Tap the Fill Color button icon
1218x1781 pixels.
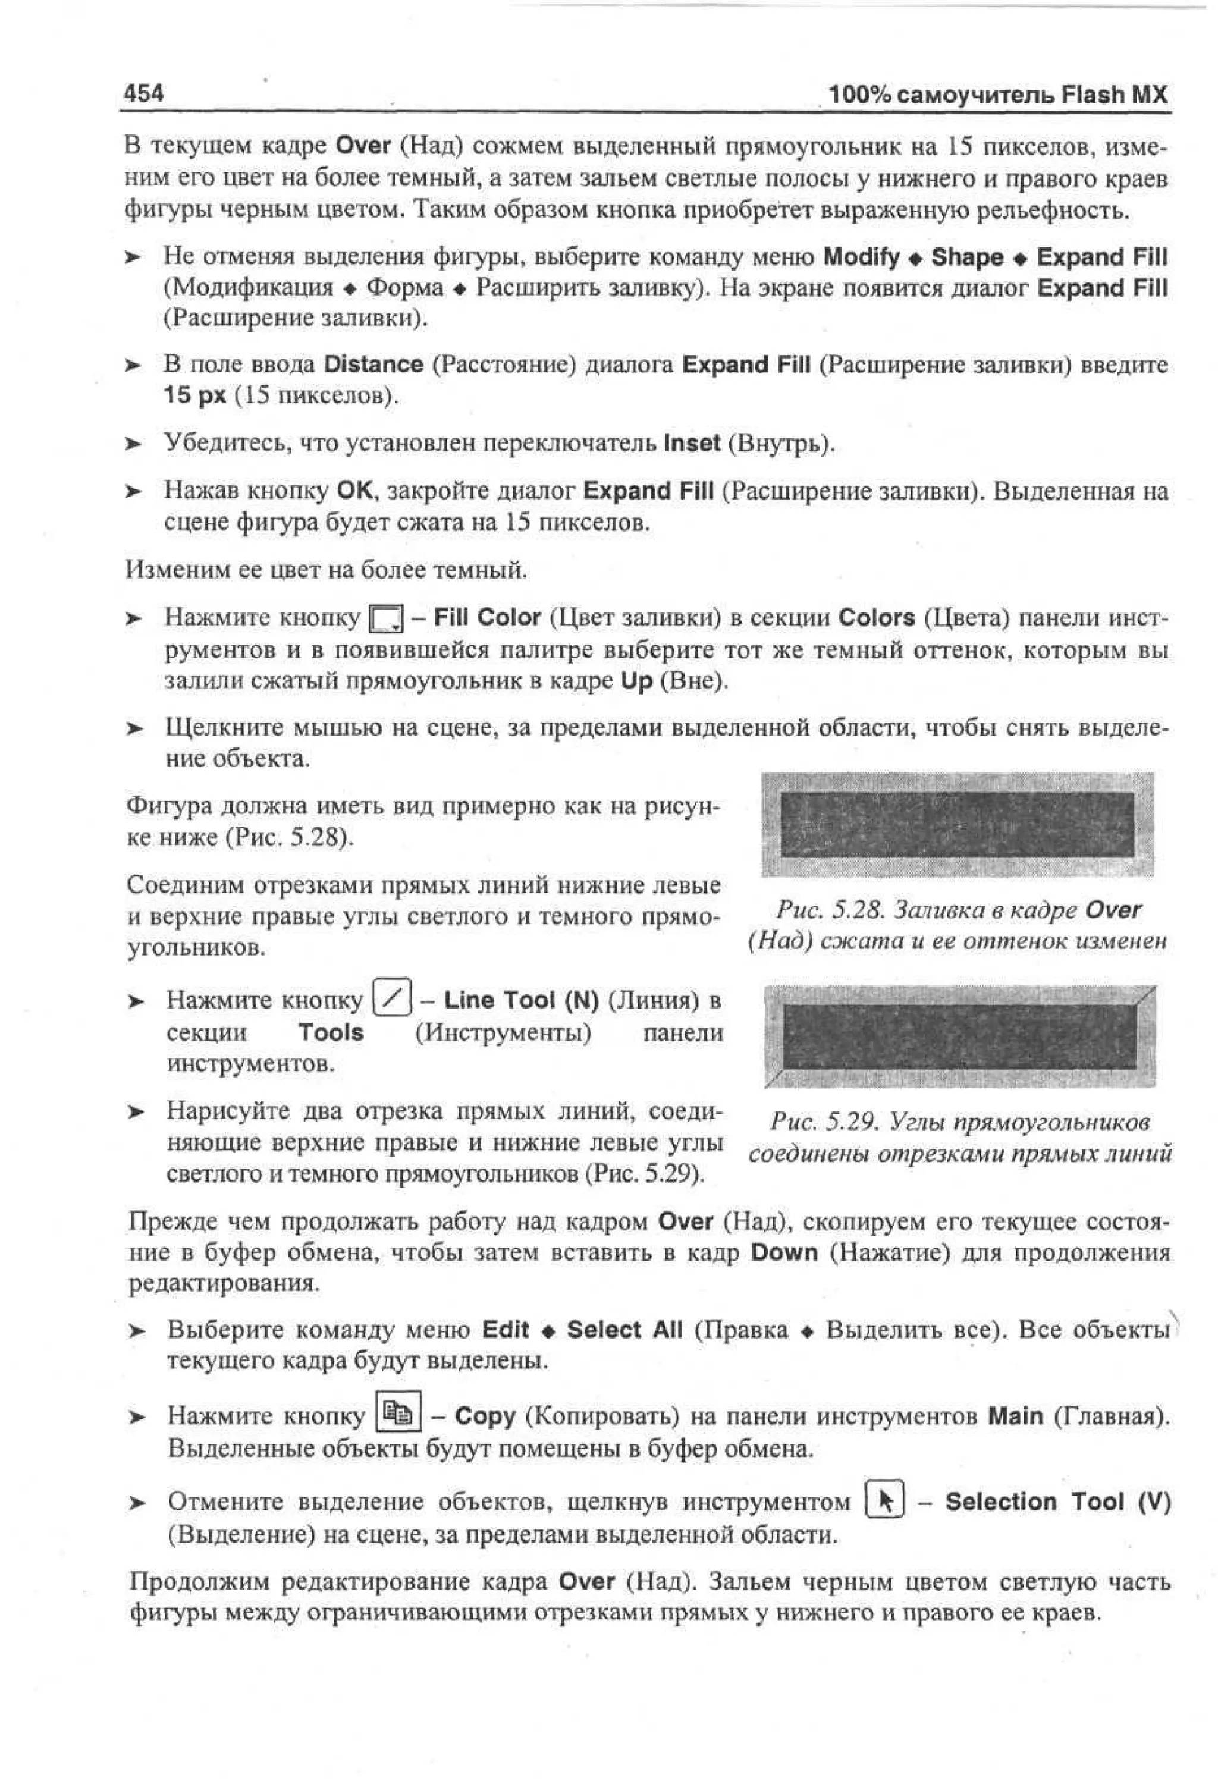pos(385,619)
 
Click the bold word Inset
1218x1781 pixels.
pos(692,444)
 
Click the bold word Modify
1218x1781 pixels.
pos(861,257)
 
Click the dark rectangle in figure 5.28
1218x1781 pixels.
pos(956,825)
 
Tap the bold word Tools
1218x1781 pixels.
pos(331,1032)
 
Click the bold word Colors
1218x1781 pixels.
pos(876,618)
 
